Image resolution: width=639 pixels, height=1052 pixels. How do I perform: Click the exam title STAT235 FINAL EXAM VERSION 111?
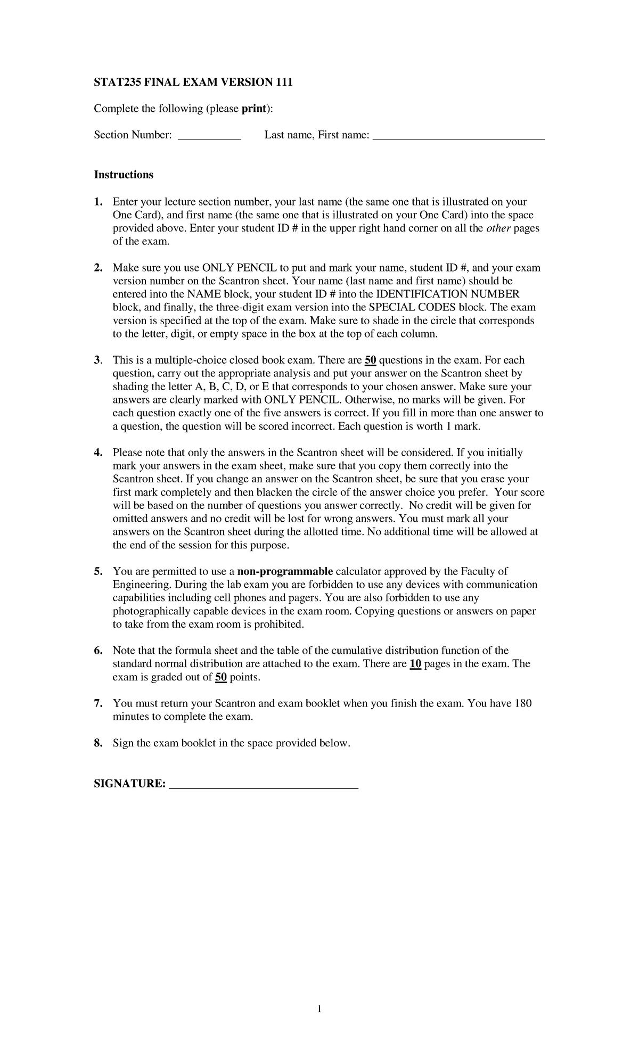pos(193,83)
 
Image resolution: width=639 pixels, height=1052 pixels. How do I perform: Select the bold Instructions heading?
pos(124,175)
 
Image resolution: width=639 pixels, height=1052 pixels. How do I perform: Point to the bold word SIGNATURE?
pos(129,784)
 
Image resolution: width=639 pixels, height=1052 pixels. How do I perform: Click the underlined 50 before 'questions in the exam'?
pos(371,360)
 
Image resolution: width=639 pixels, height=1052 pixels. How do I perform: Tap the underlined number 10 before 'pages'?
pos(415,664)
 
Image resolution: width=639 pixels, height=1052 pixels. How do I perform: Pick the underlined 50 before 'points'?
pos(221,677)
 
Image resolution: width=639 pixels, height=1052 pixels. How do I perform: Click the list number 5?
pos(97,572)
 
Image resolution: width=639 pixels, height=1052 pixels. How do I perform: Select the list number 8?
pos(97,743)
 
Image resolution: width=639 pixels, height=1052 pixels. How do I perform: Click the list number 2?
pos(97,268)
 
